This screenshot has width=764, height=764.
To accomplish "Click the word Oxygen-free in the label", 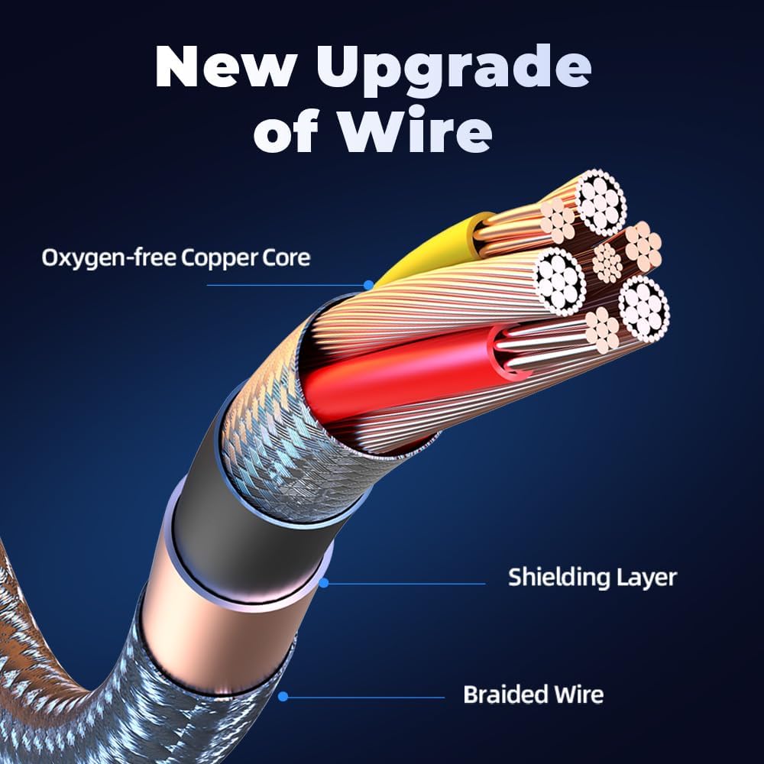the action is (108, 257).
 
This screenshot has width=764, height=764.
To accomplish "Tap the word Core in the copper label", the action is (286, 257).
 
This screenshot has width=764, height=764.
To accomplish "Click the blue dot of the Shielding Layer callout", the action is (324, 583).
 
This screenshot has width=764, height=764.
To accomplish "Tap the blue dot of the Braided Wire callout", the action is (283, 697).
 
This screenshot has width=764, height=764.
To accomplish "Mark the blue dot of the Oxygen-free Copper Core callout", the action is (369, 285).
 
